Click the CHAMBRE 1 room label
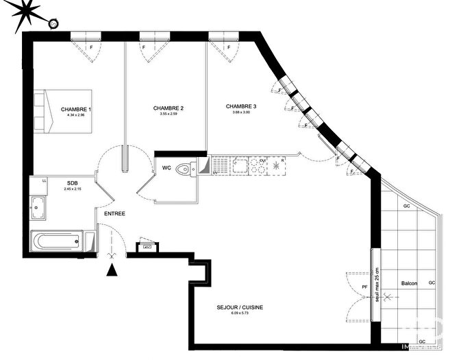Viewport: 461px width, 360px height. pyautogui.click(x=75, y=109)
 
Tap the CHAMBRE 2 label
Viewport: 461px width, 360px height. pyautogui.click(x=168, y=108)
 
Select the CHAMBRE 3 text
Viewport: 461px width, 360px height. pyautogui.click(x=241, y=106)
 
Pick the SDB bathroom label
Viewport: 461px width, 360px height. pyautogui.click(x=72, y=182)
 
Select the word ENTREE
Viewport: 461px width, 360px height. pyautogui.click(x=114, y=214)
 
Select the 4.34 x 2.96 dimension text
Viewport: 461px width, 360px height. pyautogui.click(x=75, y=115)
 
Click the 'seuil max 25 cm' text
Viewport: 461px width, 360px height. pyautogui.click(x=376, y=284)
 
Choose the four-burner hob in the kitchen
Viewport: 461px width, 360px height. pyautogui.click(x=258, y=165)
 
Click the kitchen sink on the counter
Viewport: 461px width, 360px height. pyautogui.click(x=240, y=165)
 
